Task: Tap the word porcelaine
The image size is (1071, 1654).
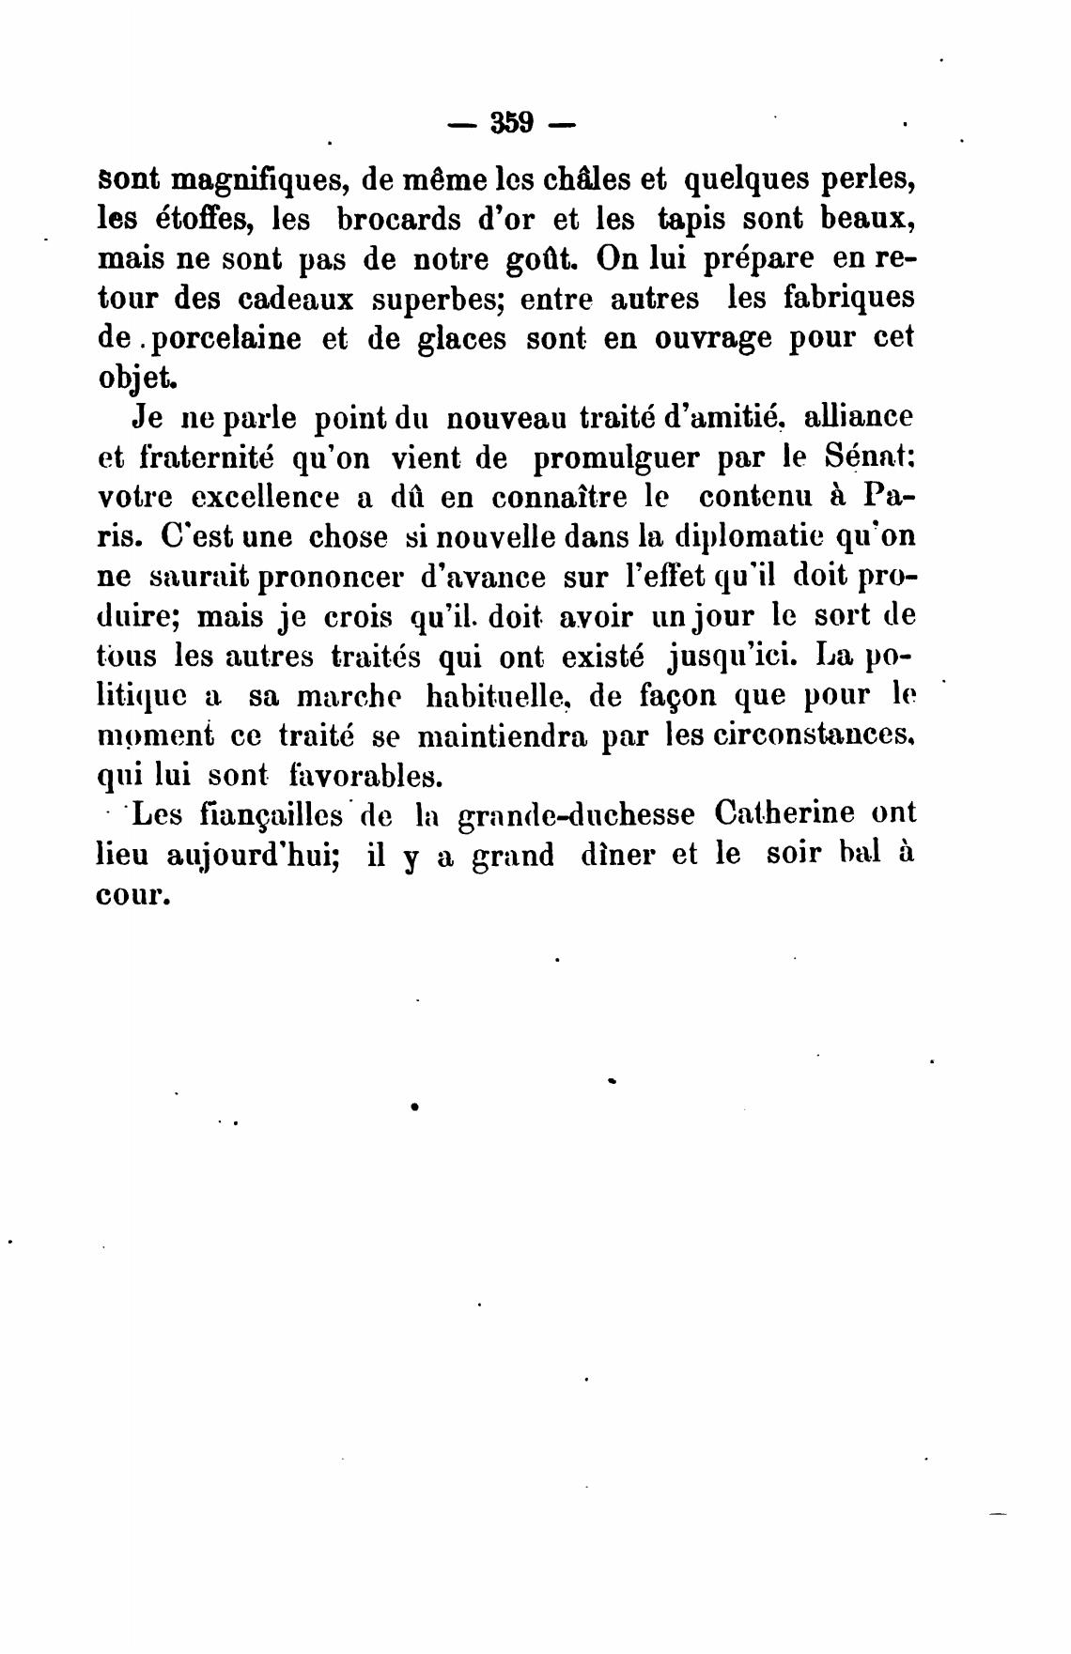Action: tap(228, 338)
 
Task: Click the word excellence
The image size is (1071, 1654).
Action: tap(247, 497)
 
